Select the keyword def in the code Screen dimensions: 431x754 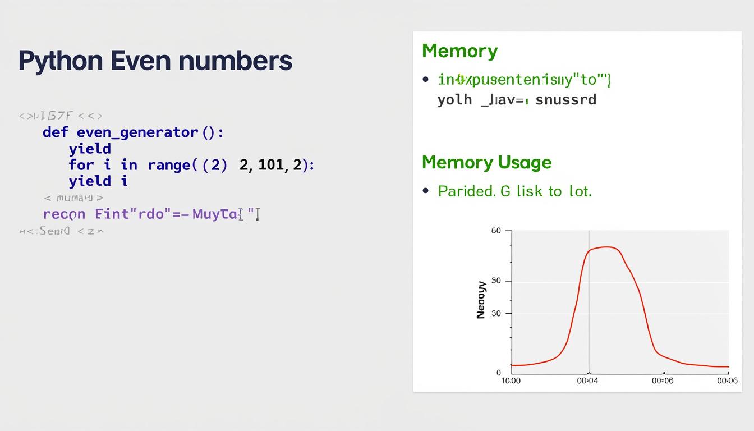[x=55, y=132]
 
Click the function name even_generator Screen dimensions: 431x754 [x=137, y=132]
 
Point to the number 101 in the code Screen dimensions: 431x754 [x=272, y=165]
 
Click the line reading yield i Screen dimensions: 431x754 [x=98, y=181]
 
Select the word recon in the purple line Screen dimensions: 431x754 [x=64, y=214]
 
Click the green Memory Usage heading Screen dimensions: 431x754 [x=486, y=162]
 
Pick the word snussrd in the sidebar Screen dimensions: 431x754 [x=565, y=100]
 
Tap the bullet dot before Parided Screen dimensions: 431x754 [x=426, y=191]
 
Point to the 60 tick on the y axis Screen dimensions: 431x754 [x=496, y=231]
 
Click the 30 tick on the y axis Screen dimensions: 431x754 [x=496, y=314]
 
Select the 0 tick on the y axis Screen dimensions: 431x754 [x=499, y=373]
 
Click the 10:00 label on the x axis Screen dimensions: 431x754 [x=511, y=381]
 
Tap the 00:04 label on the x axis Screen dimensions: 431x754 [x=588, y=381]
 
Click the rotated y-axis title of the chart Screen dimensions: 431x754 [x=481, y=300]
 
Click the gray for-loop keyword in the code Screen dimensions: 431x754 [x=81, y=165]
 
